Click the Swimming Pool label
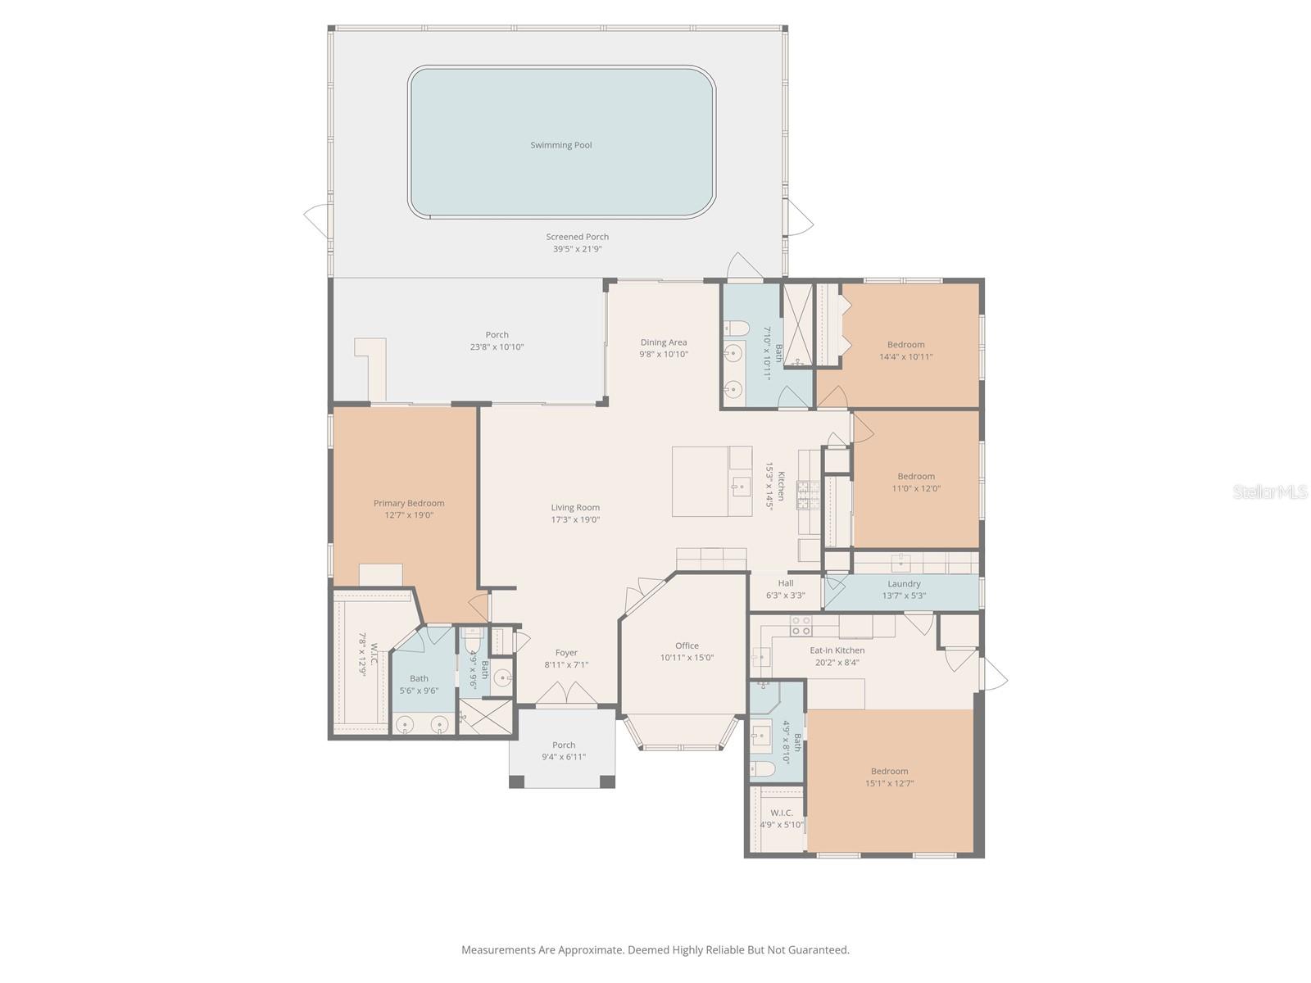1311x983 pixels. [x=560, y=145]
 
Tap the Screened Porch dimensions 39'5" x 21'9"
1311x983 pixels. [x=577, y=249]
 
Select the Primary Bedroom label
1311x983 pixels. [x=409, y=503]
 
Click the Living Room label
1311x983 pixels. [x=575, y=507]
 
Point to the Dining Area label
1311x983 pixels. [x=664, y=342]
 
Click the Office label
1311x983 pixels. [x=687, y=646]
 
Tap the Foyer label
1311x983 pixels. [x=566, y=653]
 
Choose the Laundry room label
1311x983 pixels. [x=904, y=583]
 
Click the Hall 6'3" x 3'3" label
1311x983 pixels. [x=785, y=589]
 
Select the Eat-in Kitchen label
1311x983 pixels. [x=837, y=650]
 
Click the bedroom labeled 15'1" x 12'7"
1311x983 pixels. [x=889, y=777]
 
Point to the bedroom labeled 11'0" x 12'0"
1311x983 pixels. [x=915, y=482]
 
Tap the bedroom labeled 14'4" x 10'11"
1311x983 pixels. [x=905, y=350]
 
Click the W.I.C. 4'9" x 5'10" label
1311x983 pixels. [x=781, y=818]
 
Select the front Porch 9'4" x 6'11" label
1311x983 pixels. [x=563, y=750]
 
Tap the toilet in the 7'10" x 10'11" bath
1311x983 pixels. [x=737, y=329]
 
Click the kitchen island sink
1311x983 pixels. [x=740, y=487]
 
